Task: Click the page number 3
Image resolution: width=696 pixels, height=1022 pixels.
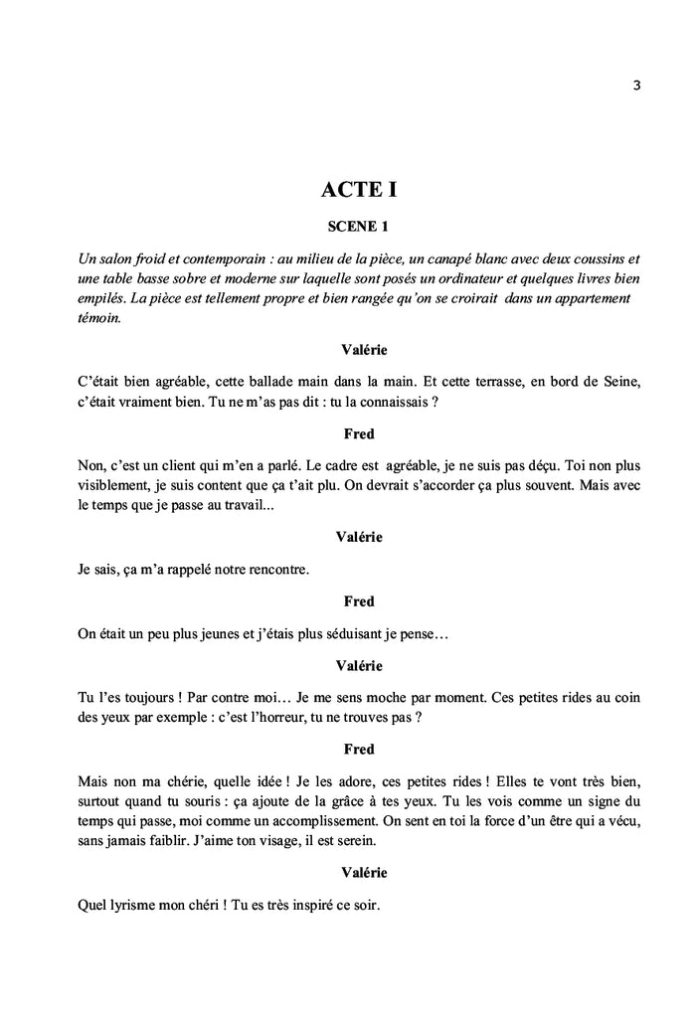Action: (x=636, y=85)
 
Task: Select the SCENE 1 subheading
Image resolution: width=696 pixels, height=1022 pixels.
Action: (x=358, y=227)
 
